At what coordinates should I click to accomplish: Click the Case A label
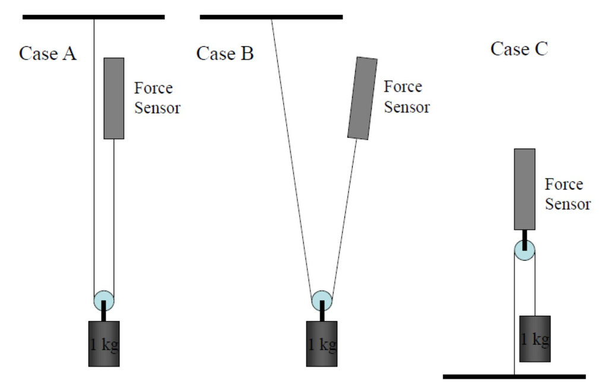[x=47, y=53]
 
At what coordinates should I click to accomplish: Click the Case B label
[x=225, y=53]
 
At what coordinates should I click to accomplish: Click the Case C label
[x=519, y=49]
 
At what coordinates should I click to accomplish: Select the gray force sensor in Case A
[x=114, y=99]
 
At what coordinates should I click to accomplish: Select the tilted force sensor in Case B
[x=362, y=99]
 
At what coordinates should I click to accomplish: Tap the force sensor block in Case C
[x=524, y=189]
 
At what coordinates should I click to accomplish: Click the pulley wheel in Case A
[x=103, y=300]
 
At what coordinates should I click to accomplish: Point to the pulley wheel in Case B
[x=321, y=300]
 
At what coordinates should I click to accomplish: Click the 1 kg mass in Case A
[x=104, y=343]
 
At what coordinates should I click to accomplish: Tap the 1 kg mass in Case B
[x=321, y=343]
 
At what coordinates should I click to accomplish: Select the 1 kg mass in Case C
[x=534, y=338]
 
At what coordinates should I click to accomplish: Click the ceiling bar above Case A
[x=93, y=17]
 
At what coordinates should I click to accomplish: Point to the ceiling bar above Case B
[x=271, y=17]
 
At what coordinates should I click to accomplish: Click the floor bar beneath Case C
[x=514, y=376]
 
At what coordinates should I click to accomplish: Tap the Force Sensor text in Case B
[x=406, y=97]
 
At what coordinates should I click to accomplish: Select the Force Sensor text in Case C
[x=568, y=194]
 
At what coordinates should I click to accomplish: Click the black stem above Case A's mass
[x=104, y=311]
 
